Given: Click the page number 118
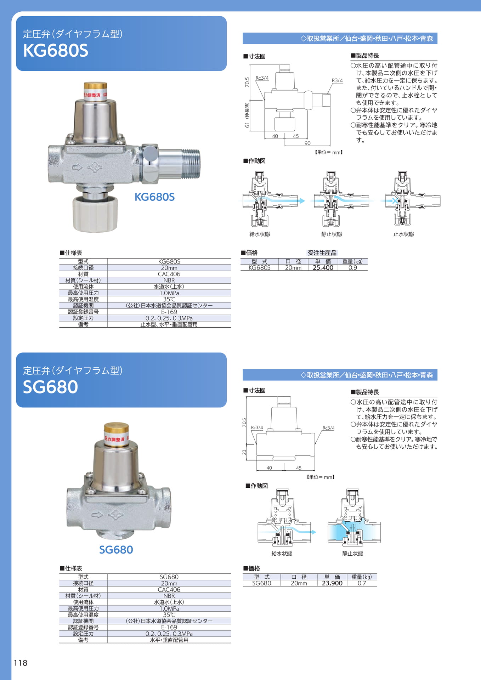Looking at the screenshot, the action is pos(21,663).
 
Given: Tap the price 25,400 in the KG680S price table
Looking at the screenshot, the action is pos(323,268).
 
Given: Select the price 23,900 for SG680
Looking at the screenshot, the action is pos(332,583).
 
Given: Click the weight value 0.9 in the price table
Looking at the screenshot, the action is pos(353,268).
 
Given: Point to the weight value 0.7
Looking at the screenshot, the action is pos(362,583).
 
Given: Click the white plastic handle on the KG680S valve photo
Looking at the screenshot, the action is pos(95,214).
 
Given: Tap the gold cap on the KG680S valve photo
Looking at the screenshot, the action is pos(95,86).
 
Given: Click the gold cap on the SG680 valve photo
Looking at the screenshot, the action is pos(116,428).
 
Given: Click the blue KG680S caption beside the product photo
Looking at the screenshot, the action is pos(154,197).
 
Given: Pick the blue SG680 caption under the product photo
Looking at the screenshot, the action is pos(116,550).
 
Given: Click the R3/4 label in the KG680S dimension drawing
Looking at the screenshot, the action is pos(337,80).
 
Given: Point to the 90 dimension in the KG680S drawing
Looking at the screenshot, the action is pos(307,143).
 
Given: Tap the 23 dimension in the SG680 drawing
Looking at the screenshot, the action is pos(244,452).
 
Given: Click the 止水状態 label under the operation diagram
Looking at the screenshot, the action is pos(403,234).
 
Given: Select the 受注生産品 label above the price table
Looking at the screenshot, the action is pos(322,253).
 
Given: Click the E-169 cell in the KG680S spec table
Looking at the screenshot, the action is pos(169,312).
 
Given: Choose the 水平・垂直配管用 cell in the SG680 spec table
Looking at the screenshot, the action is pos(169,640).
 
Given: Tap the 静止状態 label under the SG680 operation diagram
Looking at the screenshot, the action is pos(352,554).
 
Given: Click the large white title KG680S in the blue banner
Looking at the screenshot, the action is pos(56,50).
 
